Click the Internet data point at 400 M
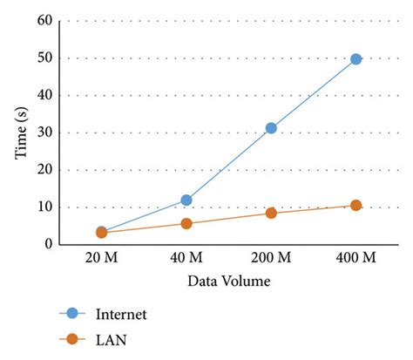click(x=355, y=59)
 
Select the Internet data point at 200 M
click(x=271, y=128)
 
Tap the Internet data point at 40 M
click(x=186, y=200)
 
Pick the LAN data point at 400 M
click(x=355, y=206)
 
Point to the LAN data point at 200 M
click(x=271, y=213)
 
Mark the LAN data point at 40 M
click(x=186, y=224)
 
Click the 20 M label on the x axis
click(x=101, y=261)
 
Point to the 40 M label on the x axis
click(x=186, y=261)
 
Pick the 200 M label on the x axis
click(x=271, y=261)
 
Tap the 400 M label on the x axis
click(x=355, y=261)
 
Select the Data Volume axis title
click(x=228, y=282)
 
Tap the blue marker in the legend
click(x=73, y=314)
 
